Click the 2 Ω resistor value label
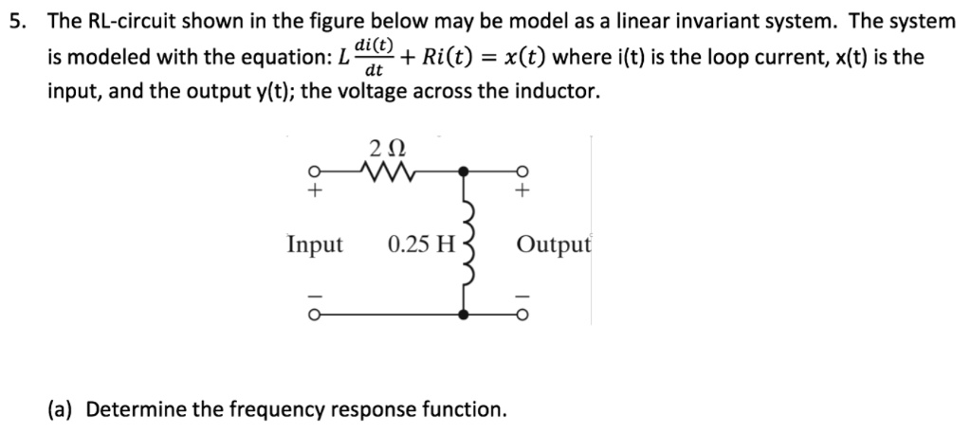pyautogui.click(x=388, y=148)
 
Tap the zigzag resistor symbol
pyautogui.click(x=389, y=172)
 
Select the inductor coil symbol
pyautogui.click(x=464, y=244)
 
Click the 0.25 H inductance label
pyautogui.click(x=422, y=244)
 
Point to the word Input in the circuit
pyautogui.click(x=315, y=244)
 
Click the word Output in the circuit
pyautogui.click(x=554, y=244)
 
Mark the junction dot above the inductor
pyautogui.click(x=464, y=172)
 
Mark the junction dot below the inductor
pyautogui.click(x=464, y=314)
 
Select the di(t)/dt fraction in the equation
pyautogui.click(x=375, y=58)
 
